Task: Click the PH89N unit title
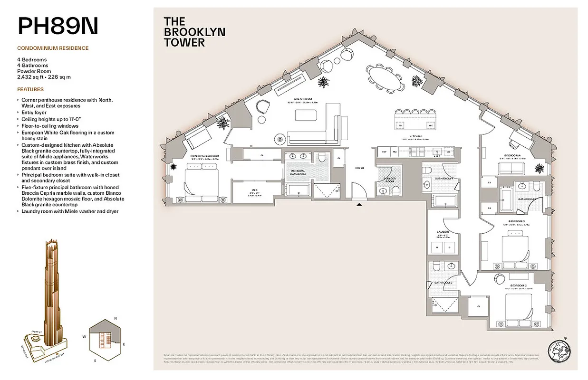58,26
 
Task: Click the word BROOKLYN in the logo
194,32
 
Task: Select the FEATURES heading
30,89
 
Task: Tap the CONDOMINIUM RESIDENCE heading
53,48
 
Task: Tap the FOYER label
360,168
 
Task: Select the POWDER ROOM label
390,179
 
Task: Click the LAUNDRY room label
443,232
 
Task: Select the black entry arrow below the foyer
360,205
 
